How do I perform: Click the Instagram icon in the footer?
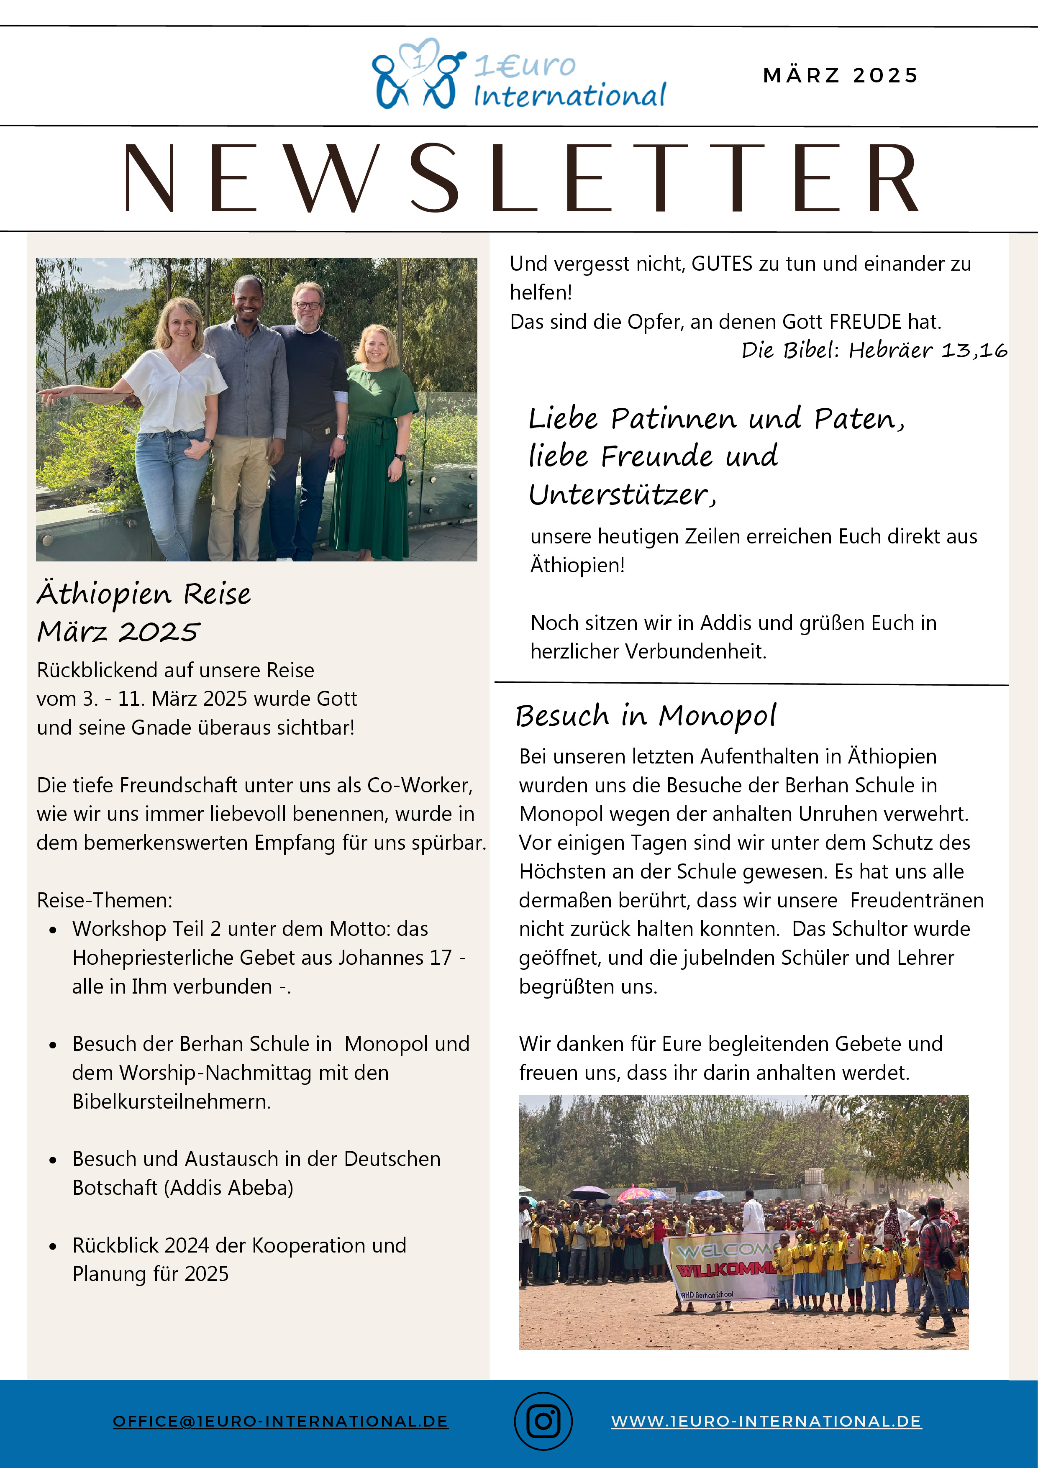[x=543, y=1421]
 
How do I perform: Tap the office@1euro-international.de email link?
[x=281, y=1421]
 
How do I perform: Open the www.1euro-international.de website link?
[x=766, y=1421]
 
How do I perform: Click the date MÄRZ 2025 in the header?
[x=841, y=75]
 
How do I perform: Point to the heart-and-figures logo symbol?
[x=416, y=74]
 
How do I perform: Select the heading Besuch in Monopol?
[x=646, y=715]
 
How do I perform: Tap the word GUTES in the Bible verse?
[x=721, y=264]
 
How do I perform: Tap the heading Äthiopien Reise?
[x=144, y=594]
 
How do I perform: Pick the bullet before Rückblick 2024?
[x=53, y=1247]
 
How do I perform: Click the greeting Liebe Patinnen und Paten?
[x=716, y=419]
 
